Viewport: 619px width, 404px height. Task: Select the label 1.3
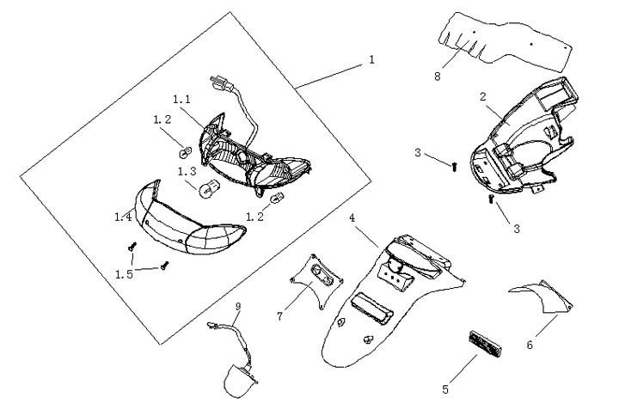187,171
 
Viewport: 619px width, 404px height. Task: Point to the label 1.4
123,217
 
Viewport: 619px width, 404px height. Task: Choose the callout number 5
444,389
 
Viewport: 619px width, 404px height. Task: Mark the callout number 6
530,344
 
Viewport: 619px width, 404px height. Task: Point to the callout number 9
238,306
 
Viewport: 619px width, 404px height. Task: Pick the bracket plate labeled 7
316,279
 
